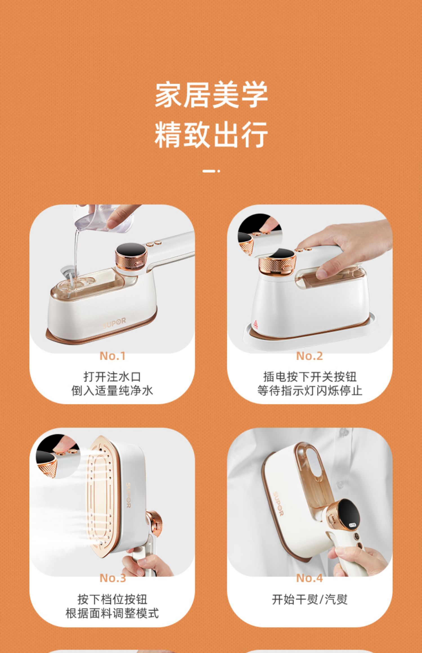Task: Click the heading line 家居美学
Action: pos(211,95)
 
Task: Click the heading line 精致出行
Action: pos(211,135)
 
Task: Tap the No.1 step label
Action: pos(113,356)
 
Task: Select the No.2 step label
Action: pos(309,356)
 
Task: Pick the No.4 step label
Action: pos(309,578)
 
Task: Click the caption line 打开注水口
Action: pos(112,377)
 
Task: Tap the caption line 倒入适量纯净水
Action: pos(112,391)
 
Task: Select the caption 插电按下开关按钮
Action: pos(310,377)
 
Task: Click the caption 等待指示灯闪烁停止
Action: pos(310,391)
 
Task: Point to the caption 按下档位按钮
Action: pos(112,599)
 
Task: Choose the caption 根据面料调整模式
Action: pos(112,613)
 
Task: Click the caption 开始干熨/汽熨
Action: pos(310,599)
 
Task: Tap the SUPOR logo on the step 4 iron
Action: pos(278,504)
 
